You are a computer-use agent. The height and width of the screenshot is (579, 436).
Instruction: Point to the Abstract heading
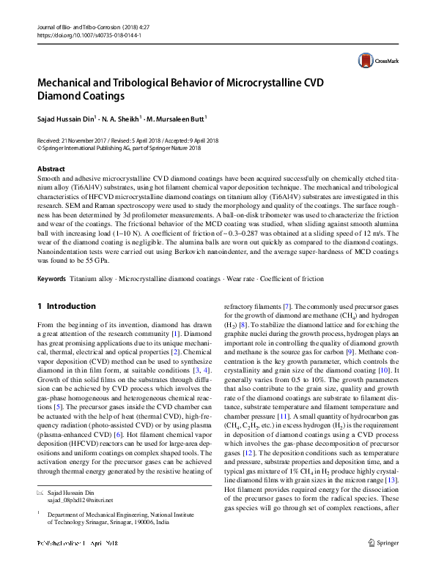(x=51, y=169)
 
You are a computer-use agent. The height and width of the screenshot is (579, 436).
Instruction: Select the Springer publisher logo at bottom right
(x=383, y=563)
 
